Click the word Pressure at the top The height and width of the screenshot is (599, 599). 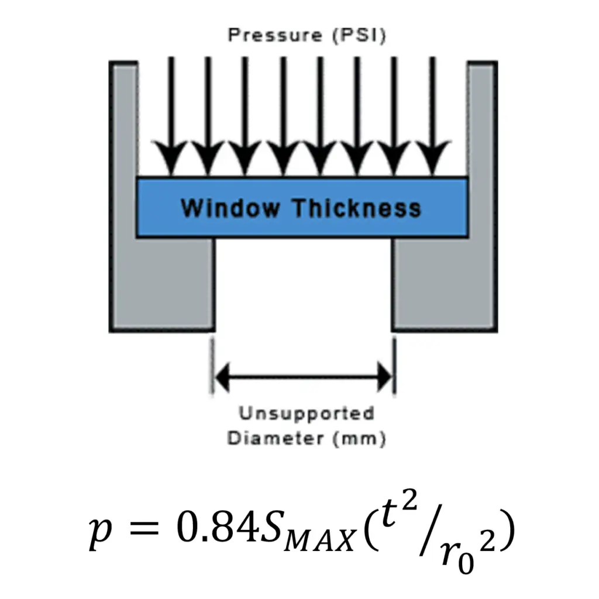click(x=275, y=36)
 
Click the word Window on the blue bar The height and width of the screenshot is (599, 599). click(x=230, y=208)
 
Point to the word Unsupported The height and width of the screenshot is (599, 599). click(x=307, y=414)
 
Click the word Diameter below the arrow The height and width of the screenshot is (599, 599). click(x=276, y=438)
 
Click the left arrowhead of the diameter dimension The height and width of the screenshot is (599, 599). click(x=222, y=377)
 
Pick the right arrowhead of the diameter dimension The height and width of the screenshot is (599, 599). click(x=385, y=377)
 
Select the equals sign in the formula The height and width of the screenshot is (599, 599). click(x=144, y=528)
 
